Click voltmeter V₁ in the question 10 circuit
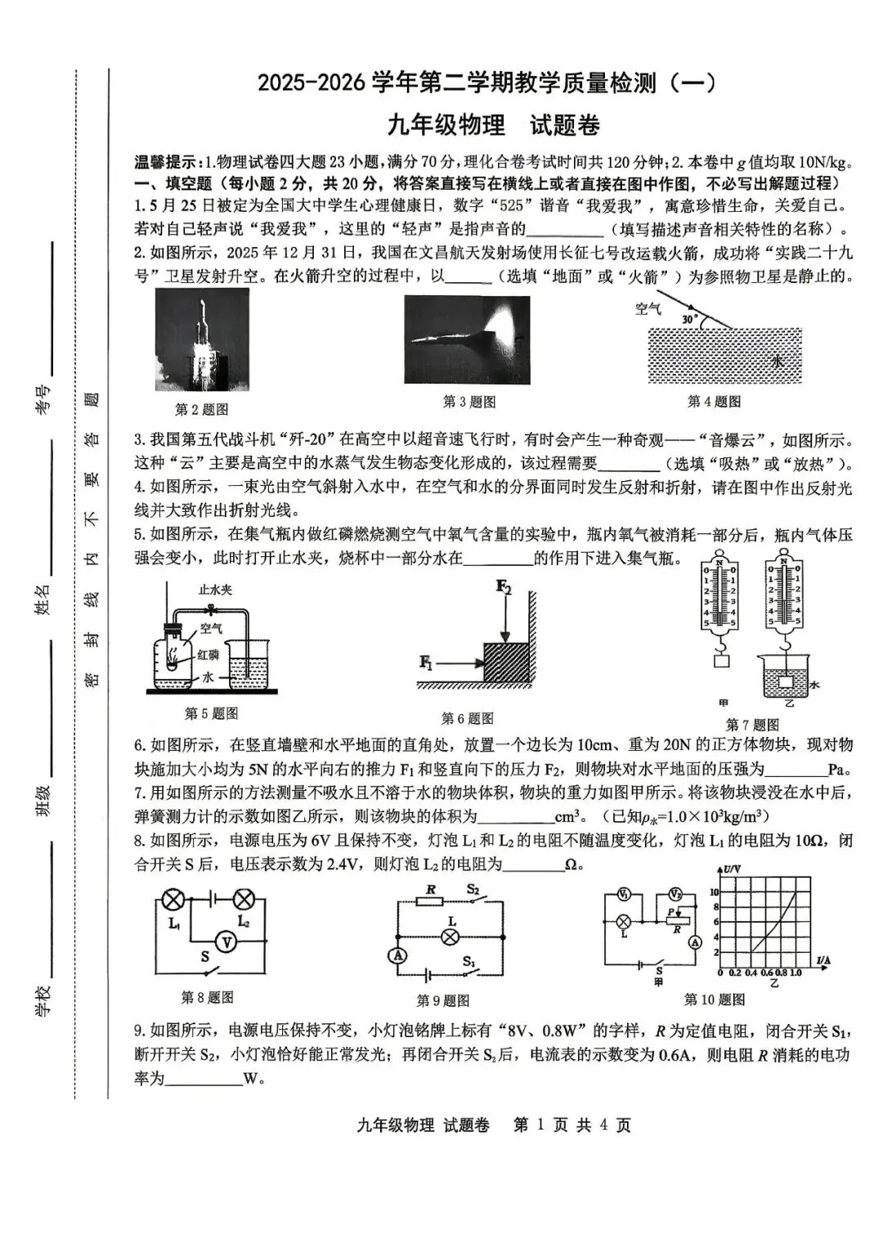[x=623, y=893]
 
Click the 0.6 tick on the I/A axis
[x=766, y=973]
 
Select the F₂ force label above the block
[x=504, y=587]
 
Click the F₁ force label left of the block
[x=426, y=662]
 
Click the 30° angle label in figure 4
[x=689, y=318]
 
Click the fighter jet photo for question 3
[x=467, y=339]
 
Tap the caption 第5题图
[x=211, y=713]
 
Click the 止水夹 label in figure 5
[x=215, y=589]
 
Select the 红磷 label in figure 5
[x=208, y=654]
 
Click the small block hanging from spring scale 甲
[x=720, y=661]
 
